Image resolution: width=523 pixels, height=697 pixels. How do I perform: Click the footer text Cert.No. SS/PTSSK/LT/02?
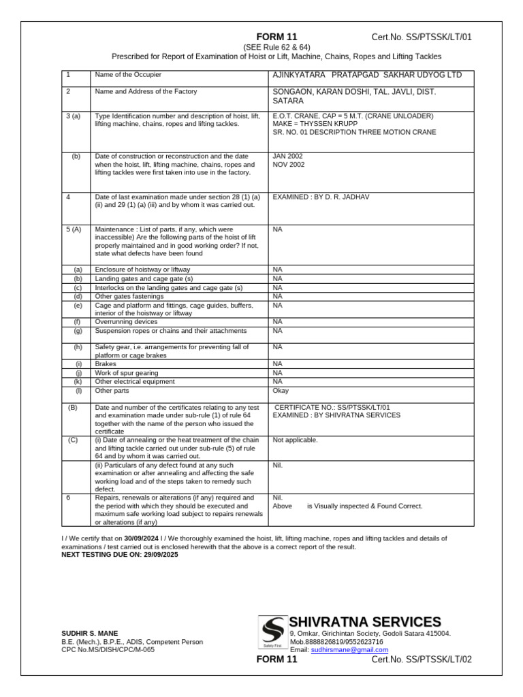tap(421, 660)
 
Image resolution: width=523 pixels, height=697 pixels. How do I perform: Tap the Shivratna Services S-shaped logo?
tap(273, 632)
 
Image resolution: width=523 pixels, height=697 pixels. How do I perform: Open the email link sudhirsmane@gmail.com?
tap(349, 650)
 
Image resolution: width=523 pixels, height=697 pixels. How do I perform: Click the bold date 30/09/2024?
tap(141, 538)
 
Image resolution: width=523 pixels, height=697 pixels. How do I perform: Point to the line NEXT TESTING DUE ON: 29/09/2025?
tap(120, 555)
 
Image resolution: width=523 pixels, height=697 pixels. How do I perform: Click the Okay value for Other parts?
tap(281, 391)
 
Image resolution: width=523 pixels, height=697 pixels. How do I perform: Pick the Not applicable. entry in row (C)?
tap(295, 440)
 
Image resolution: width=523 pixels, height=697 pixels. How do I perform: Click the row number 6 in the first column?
tap(68, 498)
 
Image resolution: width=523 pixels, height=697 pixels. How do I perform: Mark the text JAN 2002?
tap(288, 156)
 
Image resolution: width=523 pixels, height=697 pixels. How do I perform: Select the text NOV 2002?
tap(289, 165)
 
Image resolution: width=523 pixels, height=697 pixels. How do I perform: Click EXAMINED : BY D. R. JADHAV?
tap(321, 197)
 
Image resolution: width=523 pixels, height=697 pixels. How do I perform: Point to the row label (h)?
tap(78, 347)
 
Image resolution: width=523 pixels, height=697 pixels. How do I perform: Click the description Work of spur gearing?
tap(127, 373)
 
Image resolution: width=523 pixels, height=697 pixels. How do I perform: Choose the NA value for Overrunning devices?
tap(277, 322)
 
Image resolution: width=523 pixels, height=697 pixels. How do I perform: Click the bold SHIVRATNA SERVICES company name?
tap(364, 622)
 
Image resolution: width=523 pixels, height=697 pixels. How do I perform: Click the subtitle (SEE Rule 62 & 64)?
tap(276, 47)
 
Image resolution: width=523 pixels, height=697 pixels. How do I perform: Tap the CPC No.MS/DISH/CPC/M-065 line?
tap(108, 650)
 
